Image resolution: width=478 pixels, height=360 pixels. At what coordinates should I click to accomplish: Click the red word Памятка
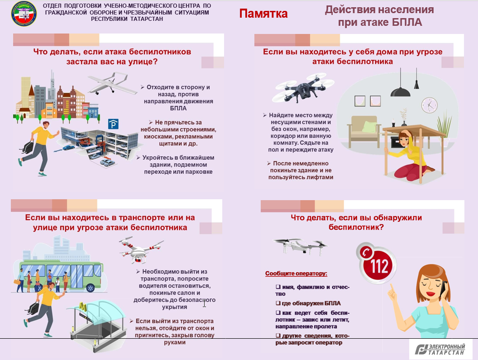(263, 14)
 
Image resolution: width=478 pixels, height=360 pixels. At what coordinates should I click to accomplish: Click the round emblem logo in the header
(24, 14)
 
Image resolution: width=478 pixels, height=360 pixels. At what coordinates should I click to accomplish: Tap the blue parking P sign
(114, 125)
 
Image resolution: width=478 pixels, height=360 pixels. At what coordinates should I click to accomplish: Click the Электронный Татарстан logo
(440, 349)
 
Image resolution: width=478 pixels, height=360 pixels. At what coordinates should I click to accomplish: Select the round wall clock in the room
(429, 105)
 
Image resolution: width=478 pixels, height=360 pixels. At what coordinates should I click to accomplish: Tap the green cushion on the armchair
(369, 127)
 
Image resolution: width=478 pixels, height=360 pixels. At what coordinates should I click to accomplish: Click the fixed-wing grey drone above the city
(112, 83)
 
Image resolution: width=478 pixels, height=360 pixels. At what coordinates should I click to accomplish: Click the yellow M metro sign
(82, 306)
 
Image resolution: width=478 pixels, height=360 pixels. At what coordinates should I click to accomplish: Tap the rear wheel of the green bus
(90, 287)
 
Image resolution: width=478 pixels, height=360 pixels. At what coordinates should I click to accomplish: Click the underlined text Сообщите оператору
(296, 274)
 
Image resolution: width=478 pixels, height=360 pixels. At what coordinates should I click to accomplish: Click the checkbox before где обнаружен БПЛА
(278, 303)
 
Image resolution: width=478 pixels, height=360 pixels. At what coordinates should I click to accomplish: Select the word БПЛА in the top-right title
(406, 22)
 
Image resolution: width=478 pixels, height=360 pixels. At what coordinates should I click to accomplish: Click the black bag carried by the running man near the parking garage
(28, 147)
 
